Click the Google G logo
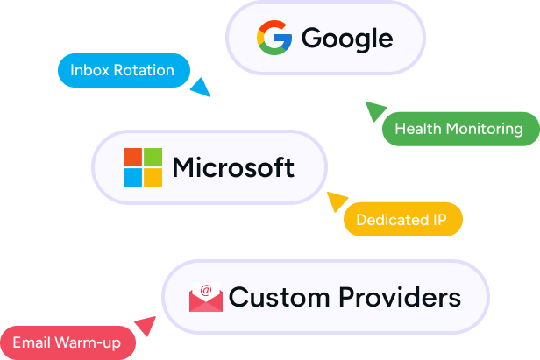tap(274, 38)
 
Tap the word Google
tap(346, 38)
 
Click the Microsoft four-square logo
tap(143, 167)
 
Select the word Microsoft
tap(233, 166)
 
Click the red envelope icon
tap(206, 297)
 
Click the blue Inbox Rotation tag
tap(122, 70)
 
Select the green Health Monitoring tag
tap(458, 129)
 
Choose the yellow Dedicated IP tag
tap(402, 219)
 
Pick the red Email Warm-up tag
tap(67, 342)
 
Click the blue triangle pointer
tap(201, 87)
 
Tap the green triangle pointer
tap(374, 110)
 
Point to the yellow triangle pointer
tap(337, 201)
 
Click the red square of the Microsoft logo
tap(132, 157)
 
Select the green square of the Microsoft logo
tap(153, 157)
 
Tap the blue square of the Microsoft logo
tap(132, 178)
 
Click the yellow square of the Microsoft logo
tap(153, 178)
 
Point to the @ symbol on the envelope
tap(206, 290)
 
